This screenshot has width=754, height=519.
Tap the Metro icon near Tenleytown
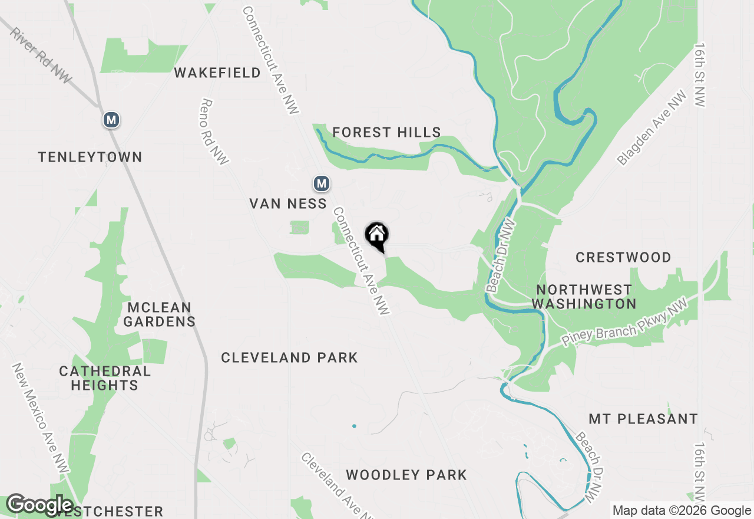111,120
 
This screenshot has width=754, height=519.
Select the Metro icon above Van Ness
321,184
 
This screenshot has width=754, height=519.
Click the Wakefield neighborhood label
217,73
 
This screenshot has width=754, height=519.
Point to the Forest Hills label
386,133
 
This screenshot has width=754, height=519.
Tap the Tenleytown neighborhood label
90,157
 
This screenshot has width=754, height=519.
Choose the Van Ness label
288,203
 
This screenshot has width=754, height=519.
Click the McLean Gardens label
159,314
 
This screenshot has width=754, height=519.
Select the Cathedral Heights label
105,378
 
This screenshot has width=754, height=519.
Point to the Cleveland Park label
289,357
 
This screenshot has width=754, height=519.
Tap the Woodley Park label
406,475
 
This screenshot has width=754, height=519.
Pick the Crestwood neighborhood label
623,257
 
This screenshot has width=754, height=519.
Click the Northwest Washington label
584,297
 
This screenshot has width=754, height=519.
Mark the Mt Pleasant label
643,419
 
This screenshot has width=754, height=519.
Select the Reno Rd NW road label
214,131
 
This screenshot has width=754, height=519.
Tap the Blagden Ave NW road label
652,128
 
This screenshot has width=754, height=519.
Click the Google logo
40,505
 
